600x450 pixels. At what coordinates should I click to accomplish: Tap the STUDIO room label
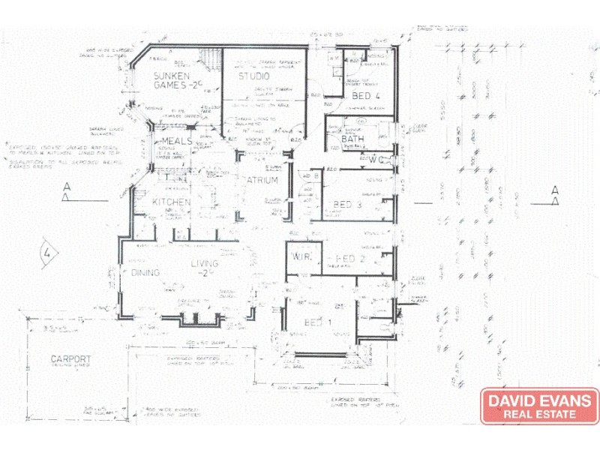(253, 77)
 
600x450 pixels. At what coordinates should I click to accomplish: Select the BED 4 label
(365, 96)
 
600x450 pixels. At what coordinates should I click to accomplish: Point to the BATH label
(352, 139)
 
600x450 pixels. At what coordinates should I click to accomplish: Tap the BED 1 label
(318, 322)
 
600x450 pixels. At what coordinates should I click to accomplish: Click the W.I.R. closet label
(303, 259)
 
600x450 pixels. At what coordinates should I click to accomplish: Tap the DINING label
(146, 272)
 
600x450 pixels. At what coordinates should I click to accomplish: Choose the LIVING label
(204, 264)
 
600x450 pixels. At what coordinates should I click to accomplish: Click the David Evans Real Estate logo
(539, 406)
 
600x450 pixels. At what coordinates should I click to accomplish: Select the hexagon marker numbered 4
(49, 251)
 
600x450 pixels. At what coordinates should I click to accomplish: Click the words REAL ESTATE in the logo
(539, 414)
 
